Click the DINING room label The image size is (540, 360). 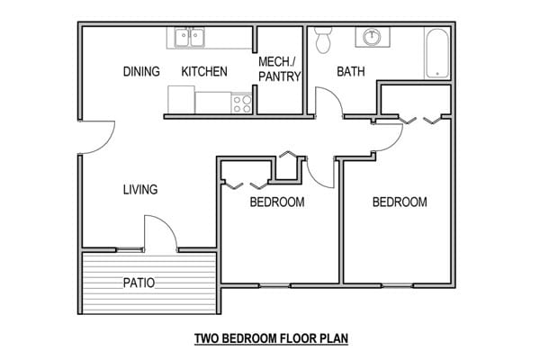click(x=141, y=72)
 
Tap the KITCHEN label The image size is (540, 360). click(x=204, y=72)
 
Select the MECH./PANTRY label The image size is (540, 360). click(x=279, y=69)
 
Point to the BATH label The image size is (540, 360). click(x=351, y=72)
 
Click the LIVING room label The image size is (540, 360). click(x=140, y=190)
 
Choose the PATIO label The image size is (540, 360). click(x=139, y=283)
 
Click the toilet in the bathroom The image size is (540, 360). click(x=324, y=39)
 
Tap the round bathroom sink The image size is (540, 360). click(x=372, y=38)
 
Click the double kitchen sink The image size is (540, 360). click(x=189, y=38)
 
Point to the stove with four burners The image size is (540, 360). click(x=241, y=103)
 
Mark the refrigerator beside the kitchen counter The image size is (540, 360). click(x=182, y=99)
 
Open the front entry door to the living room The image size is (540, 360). click(x=94, y=138)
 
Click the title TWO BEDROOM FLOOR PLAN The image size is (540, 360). click(x=271, y=339)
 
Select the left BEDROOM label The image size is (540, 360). click(x=276, y=202)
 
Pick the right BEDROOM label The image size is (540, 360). click(x=400, y=202)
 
